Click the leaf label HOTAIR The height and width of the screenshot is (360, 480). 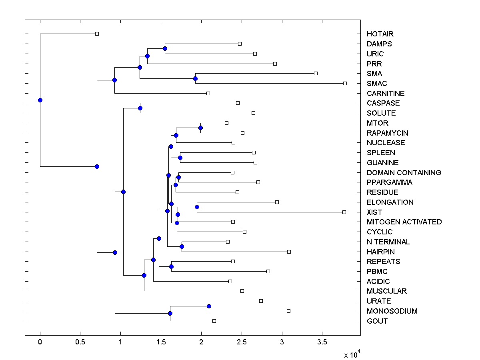pos(380,34)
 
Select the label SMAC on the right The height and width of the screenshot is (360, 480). pos(377,84)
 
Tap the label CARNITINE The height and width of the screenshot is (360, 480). pos(386,94)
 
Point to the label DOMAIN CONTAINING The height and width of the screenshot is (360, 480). pos(404,173)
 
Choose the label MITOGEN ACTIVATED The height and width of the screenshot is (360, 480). pos(404,222)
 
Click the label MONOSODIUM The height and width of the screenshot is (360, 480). pos(392,311)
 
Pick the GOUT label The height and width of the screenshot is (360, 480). pos(377,321)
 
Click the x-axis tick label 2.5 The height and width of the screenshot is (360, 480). pos(242,342)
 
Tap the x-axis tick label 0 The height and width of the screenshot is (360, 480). pos(40,342)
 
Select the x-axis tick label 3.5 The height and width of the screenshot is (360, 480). pos(322,342)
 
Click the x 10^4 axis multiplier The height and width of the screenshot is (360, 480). pos(352,354)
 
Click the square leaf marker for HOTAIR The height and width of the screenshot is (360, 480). pos(97,34)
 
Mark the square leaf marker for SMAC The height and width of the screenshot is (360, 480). pos(345,83)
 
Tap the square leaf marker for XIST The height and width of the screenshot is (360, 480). pos(344,212)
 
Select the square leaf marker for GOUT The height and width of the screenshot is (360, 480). pos(214,321)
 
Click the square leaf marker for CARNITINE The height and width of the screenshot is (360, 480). pos(208,93)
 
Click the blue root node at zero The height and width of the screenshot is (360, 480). pos(40,100)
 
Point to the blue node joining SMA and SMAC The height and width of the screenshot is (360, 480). pos(196,78)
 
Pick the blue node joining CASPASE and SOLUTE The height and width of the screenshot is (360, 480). pos(140,108)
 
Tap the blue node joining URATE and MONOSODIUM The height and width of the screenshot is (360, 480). pos(209,306)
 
